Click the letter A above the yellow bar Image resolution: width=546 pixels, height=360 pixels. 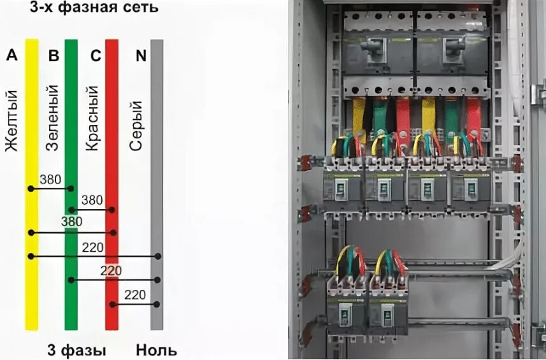click(x=11, y=55)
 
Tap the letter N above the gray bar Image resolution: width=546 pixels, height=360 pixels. click(x=141, y=55)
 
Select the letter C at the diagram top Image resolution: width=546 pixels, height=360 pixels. click(x=96, y=55)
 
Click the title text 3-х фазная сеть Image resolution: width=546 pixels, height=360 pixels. click(x=94, y=9)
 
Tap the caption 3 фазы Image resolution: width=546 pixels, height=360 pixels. click(x=76, y=350)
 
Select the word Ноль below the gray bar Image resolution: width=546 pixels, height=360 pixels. click(x=156, y=350)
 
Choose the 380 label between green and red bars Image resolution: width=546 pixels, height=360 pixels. click(x=92, y=200)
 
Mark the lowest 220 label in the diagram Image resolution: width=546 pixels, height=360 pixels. click(x=134, y=294)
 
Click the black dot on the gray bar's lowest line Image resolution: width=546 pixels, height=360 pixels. click(x=157, y=304)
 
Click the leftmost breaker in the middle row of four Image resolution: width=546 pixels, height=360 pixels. click(x=341, y=187)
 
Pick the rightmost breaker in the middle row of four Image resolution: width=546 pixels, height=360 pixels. click(x=470, y=187)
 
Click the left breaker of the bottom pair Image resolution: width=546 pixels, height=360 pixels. click(x=346, y=309)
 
